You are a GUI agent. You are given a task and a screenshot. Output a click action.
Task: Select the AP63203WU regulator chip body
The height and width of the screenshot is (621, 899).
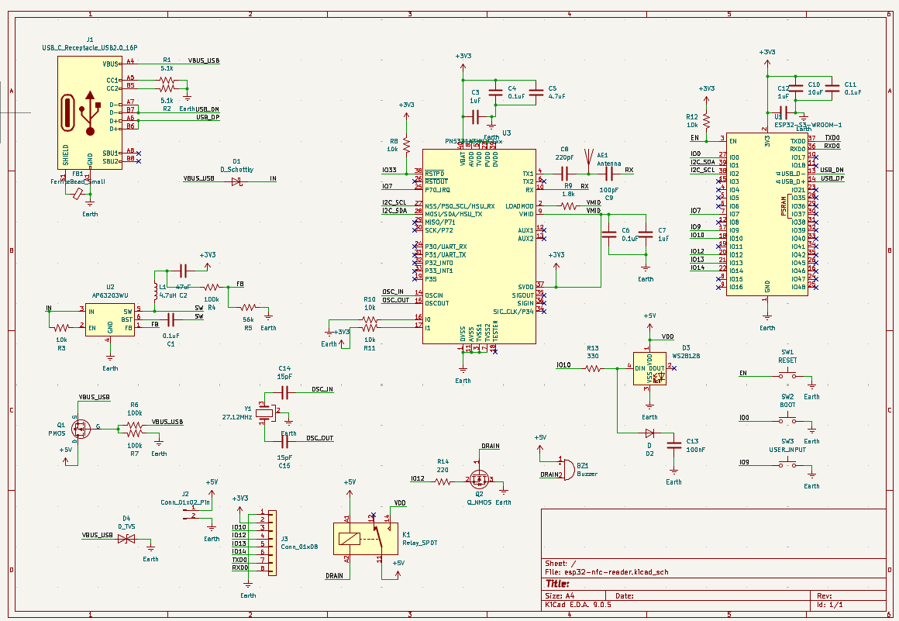tap(111, 319)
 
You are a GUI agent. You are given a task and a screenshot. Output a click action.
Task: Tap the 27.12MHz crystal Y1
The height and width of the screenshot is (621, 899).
tap(266, 414)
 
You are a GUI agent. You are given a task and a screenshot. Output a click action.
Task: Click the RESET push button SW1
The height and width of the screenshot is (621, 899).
tap(787, 376)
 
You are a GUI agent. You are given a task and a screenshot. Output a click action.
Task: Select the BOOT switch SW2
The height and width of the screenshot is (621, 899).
tap(787, 420)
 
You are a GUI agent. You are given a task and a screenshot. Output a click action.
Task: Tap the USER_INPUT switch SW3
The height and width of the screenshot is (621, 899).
tap(787, 464)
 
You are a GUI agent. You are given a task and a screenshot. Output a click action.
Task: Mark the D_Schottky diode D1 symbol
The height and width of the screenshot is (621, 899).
tap(236, 181)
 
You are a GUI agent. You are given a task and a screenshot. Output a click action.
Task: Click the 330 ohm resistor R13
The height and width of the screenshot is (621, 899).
tap(593, 369)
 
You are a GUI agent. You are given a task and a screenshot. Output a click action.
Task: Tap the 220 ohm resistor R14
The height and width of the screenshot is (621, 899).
tap(443, 481)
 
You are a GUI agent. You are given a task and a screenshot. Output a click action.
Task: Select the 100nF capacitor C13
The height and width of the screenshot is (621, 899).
tap(673, 445)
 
